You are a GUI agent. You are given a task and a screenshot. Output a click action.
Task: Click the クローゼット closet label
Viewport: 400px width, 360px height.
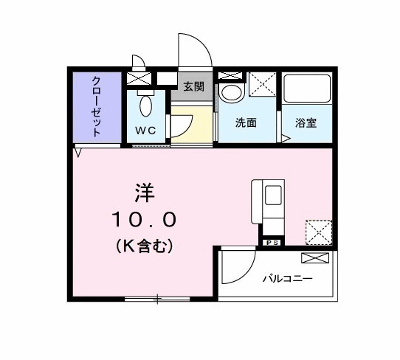coord(97,107)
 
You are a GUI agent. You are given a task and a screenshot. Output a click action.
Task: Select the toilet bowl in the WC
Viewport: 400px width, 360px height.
coord(145,105)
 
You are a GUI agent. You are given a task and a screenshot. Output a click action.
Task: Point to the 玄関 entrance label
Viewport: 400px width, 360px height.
coord(194,86)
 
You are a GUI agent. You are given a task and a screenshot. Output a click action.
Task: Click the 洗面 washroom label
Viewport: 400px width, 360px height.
coord(246,123)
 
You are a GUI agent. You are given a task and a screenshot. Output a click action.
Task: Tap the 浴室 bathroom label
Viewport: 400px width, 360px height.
coord(306,123)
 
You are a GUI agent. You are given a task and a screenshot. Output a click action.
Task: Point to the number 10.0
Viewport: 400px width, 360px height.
coord(144,219)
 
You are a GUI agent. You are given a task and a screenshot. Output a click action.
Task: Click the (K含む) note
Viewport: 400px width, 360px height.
coord(144,246)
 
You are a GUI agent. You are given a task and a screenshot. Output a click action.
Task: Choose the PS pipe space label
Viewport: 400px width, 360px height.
coord(271,241)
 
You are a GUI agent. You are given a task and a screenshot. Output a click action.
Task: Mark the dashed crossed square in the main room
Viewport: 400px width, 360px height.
coord(318,232)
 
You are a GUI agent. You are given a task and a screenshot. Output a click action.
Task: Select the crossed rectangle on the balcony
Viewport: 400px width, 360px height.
coord(316,258)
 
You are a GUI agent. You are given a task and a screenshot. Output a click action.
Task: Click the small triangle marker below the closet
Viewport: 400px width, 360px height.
coord(78,153)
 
